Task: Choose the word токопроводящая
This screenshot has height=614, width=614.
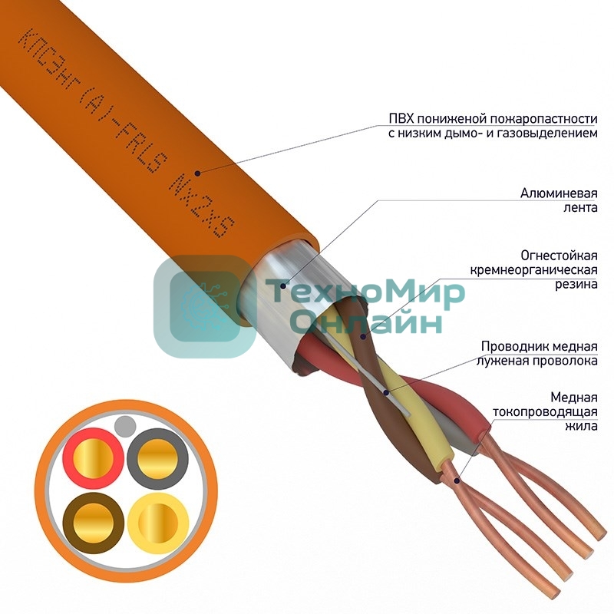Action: tap(547, 411)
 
